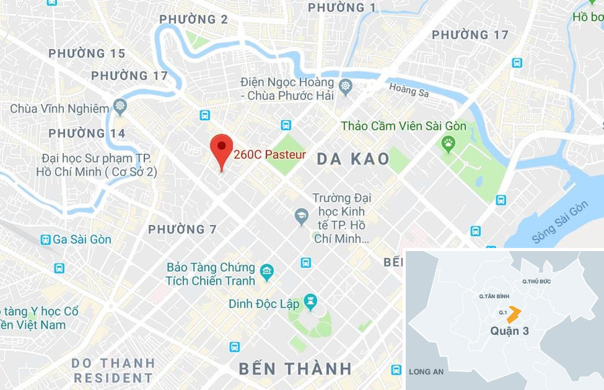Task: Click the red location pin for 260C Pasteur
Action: coord(221,149)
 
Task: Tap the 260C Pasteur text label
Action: coord(270,154)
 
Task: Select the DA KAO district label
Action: coord(353,159)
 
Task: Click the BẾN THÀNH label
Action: coord(295,369)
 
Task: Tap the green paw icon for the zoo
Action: coord(448,142)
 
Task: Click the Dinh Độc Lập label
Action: coord(264,304)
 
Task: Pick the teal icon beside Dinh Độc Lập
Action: coord(310,302)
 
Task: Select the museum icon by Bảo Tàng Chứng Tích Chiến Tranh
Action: coord(267,273)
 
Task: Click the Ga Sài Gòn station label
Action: coord(82,240)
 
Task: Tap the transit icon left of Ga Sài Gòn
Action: coord(46,240)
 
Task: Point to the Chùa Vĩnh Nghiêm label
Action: coord(59,108)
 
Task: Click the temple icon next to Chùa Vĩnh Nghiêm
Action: coord(120,106)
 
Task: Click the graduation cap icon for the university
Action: coord(301,216)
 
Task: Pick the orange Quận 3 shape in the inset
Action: coord(513,314)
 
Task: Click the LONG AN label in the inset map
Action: coord(426,372)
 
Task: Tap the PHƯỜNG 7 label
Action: coord(183,230)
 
